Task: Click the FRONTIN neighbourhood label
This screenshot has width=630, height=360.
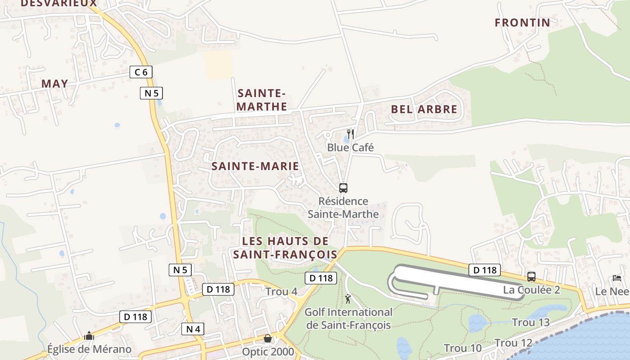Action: (x=522, y=22)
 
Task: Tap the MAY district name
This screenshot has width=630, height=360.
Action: (x=55, y=84)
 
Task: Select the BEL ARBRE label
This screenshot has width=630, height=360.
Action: (x=424, y=109)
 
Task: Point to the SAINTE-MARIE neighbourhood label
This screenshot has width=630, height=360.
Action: (x=255, y=166)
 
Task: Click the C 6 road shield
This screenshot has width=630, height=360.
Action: (x=141, y=72)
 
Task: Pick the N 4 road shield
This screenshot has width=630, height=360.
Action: (x=193, y=329)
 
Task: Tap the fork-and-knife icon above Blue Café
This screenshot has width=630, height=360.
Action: (x=351, y=134)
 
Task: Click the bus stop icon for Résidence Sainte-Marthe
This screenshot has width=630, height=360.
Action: (x=343, y=188)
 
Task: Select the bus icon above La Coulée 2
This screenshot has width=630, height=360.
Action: (x=531, y=276)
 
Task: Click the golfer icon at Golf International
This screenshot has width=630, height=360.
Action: (x=348, y=298)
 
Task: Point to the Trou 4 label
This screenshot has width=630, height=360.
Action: (x=281, y=292)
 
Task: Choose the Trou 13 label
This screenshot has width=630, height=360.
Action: (x=531, y=322)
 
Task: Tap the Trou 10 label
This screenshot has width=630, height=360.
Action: (x=463, y=348)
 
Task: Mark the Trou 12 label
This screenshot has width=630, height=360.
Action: (x=513, y=343)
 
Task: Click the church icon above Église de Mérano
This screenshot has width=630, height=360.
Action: (x=89, y=336)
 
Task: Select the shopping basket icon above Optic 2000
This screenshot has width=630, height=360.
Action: (x=268, y=338)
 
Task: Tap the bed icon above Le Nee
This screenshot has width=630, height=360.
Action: (x=616, y=278)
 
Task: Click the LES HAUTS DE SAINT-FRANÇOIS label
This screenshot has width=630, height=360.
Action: (x=285, y=247)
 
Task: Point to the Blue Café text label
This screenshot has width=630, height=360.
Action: (x=351, y=148)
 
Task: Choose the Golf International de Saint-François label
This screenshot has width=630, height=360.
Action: (x=349, y=318)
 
